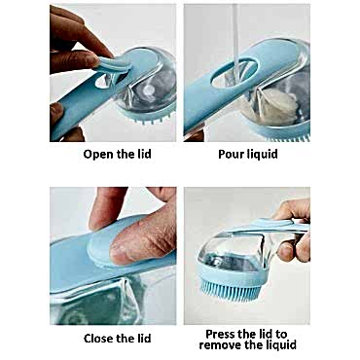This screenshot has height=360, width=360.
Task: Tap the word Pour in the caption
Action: [232, 154]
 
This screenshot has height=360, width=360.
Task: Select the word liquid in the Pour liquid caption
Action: [263, 155]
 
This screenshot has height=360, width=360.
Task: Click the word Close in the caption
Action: [99, 339]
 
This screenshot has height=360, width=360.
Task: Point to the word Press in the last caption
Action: [221, 334]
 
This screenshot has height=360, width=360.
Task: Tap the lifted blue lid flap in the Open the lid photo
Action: [114, 64]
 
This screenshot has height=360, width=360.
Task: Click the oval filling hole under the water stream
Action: [234, 73]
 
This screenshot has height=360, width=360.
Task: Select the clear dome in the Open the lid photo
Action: [149, 85]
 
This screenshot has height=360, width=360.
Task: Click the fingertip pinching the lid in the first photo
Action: [89, 60]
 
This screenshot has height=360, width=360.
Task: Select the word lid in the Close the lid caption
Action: [143, 339]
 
